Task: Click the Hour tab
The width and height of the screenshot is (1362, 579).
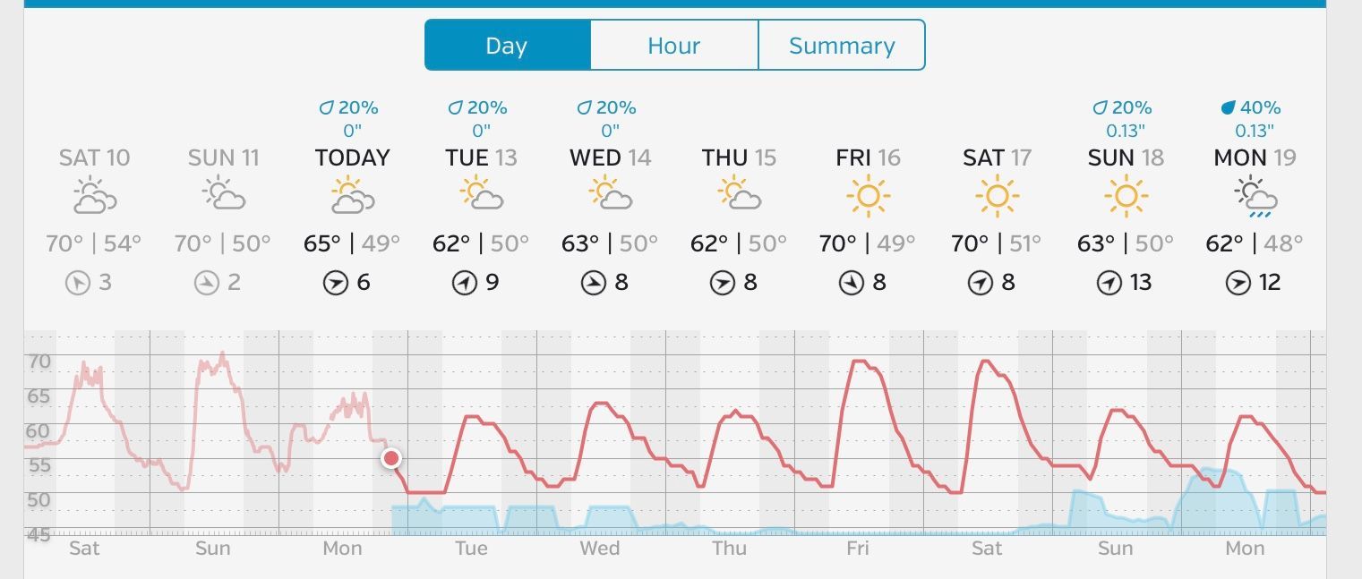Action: (673, 46)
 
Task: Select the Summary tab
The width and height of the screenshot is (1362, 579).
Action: (841, 46)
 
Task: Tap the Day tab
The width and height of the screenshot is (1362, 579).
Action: (507, 46)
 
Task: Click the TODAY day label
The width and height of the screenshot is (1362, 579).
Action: (353, 158)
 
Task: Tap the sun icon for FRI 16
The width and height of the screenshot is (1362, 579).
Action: (868, 197)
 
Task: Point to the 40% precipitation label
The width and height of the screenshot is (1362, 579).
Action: (1252, 108)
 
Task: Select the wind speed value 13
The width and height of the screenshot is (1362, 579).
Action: (1140, 283)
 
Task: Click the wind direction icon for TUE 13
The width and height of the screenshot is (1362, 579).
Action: (464, 284)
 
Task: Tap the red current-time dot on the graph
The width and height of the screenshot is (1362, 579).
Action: (391, 459)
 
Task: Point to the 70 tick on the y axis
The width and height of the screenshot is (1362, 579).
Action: (39, 362)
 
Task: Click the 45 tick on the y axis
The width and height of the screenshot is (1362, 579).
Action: (39, 534)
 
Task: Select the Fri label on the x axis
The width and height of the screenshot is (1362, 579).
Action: (857, 549)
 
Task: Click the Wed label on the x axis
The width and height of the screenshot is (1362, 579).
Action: (599, 549)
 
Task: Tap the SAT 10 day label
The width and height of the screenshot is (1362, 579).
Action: (94, 158)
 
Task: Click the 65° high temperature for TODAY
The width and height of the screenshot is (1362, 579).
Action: (322, 243)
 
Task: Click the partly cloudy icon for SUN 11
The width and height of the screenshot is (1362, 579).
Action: (224, 197)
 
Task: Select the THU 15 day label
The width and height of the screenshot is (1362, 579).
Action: (739, 158)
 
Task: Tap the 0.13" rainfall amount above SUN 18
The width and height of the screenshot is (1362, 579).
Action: (1126, 132)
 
